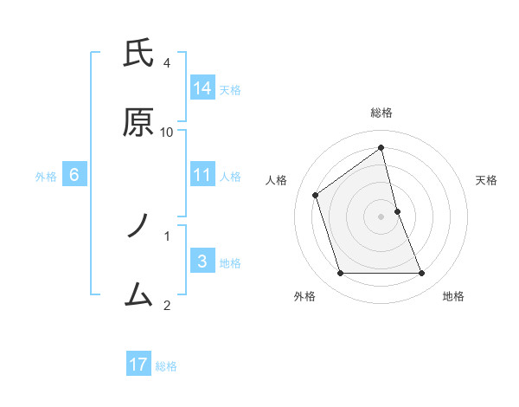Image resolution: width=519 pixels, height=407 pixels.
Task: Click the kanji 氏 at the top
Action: point(138,55)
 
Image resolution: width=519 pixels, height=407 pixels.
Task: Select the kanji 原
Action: point(138,123)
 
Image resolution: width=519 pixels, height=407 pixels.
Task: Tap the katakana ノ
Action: point(138,227)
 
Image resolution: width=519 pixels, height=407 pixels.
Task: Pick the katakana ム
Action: point(138,295)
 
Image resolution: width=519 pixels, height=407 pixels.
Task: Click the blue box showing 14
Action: point(202,87)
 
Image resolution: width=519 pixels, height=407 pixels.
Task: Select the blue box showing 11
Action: point(202,174)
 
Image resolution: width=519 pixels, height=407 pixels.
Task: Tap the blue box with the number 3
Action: point(202,261)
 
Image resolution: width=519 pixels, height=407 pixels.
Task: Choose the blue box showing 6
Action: point(74,174)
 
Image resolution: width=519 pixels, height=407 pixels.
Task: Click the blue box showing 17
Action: point(138,365)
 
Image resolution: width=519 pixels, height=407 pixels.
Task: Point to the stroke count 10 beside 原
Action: point(167,132)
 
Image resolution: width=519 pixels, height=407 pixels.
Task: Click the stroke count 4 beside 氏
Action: point(167,63)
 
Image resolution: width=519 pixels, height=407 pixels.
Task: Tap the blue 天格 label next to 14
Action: point(230,90)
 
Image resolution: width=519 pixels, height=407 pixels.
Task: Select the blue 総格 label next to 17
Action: point(166,367)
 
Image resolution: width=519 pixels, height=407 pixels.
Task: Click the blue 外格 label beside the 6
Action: point(46,177)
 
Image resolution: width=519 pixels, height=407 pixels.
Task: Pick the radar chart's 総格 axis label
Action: point(381,113)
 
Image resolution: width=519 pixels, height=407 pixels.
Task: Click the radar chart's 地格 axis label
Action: point(453,296)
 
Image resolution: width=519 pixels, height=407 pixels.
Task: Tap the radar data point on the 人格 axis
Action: point(316,195)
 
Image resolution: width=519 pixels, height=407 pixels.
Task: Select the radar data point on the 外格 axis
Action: point(340,274)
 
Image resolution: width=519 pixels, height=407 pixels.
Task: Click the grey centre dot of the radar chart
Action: point(381,216)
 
